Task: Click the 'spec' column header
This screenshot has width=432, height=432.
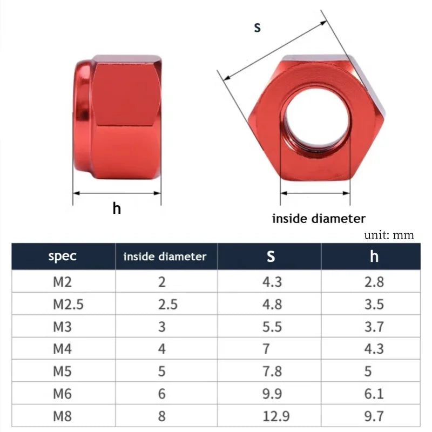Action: coord(63,256)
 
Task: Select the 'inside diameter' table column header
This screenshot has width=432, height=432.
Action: coord(165,256)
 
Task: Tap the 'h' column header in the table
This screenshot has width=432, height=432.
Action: coord(374,256)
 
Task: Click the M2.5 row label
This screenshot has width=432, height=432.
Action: coord(68,304)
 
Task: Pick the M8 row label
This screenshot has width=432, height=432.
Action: coord(63,416)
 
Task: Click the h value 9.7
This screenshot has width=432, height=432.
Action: coord(374,416)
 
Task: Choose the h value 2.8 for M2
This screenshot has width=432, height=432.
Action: coord(374,282)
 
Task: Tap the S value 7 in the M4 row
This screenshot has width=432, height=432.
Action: coord(266,348)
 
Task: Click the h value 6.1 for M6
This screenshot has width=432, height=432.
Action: coord(374,393)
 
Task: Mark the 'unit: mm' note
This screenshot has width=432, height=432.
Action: coord(389,235)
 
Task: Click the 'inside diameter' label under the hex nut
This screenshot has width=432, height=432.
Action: coord(319,219)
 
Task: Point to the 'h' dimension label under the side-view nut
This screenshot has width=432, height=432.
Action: coord(117,208)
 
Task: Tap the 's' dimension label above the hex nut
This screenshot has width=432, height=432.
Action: coord(258,27)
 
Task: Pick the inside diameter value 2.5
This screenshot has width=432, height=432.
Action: coord(167,304)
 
